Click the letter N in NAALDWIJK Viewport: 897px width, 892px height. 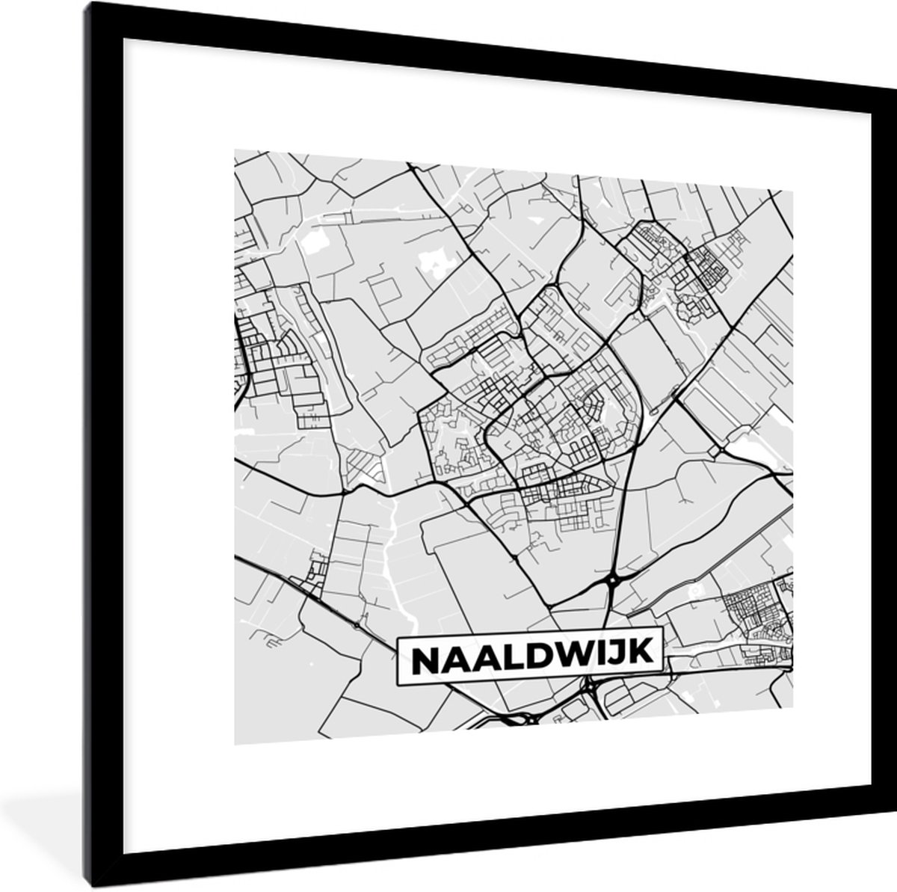(425, 659)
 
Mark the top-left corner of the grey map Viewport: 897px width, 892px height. (235, 150)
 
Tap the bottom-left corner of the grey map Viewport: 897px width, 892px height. (235, 745)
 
